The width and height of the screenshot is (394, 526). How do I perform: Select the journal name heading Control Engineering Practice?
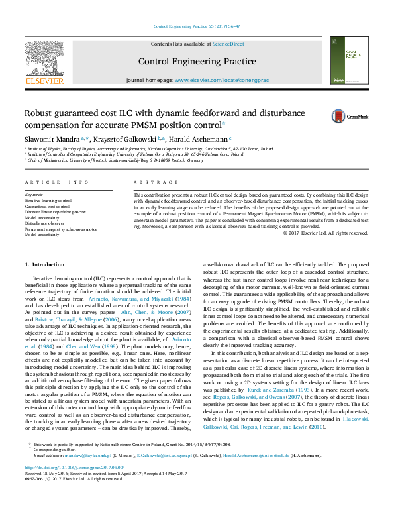(x=197, y=62)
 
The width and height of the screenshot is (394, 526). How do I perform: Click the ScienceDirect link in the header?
(x=228, y=44)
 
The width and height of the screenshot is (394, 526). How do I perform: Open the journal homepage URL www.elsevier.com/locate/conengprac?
(x=221, y=79)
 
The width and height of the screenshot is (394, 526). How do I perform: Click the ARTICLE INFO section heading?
(x=56, y=182)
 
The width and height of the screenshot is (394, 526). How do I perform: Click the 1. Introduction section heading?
(x=44, y=264)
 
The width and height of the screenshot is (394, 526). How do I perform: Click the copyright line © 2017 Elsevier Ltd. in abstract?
(x=325, y=233)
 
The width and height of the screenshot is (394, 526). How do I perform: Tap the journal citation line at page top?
(x=197, y=26)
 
